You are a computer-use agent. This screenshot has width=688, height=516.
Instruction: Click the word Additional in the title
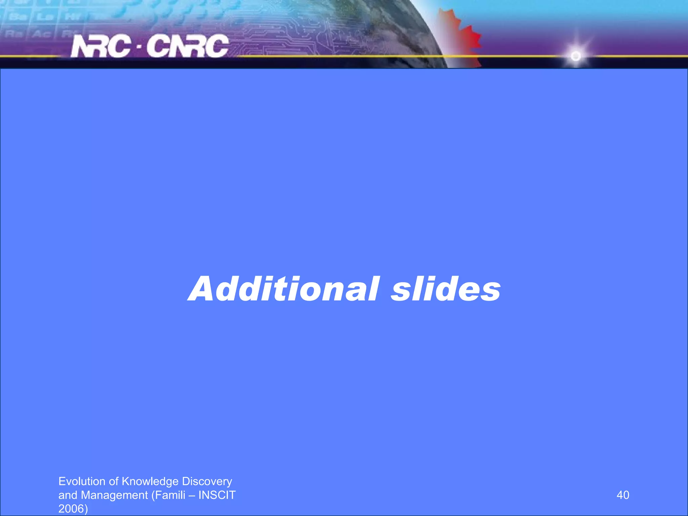[284, 289]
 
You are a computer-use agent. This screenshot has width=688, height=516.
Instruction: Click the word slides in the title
[445, 289]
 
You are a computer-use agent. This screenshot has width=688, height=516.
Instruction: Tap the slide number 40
[623, 495]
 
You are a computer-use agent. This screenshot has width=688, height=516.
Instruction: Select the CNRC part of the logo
[187, 46]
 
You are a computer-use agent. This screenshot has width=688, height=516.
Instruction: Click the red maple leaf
[464, 37]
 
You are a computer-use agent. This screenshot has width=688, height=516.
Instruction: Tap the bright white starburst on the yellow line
[576, 56]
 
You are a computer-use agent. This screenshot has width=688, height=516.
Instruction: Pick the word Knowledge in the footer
[150, 481]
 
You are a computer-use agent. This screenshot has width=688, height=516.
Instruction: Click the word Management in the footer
[115, 495]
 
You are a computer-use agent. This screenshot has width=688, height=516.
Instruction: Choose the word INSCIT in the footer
[217, 495]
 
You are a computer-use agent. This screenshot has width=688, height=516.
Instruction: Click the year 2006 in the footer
[71, 509]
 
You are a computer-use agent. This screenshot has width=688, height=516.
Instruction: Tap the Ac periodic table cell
[41, 34]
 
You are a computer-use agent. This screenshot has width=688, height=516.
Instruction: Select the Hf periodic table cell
[71, 17]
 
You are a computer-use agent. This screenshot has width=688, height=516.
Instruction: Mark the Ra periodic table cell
[13, 34]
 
